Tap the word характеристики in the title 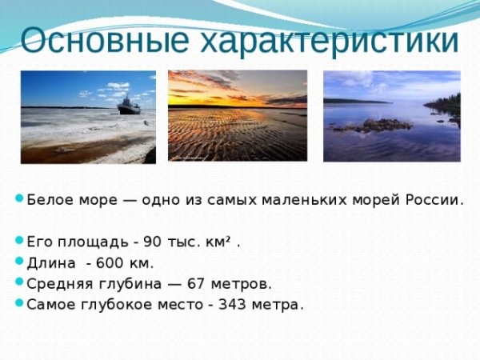327,40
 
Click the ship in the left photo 128,105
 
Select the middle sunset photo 238,116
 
